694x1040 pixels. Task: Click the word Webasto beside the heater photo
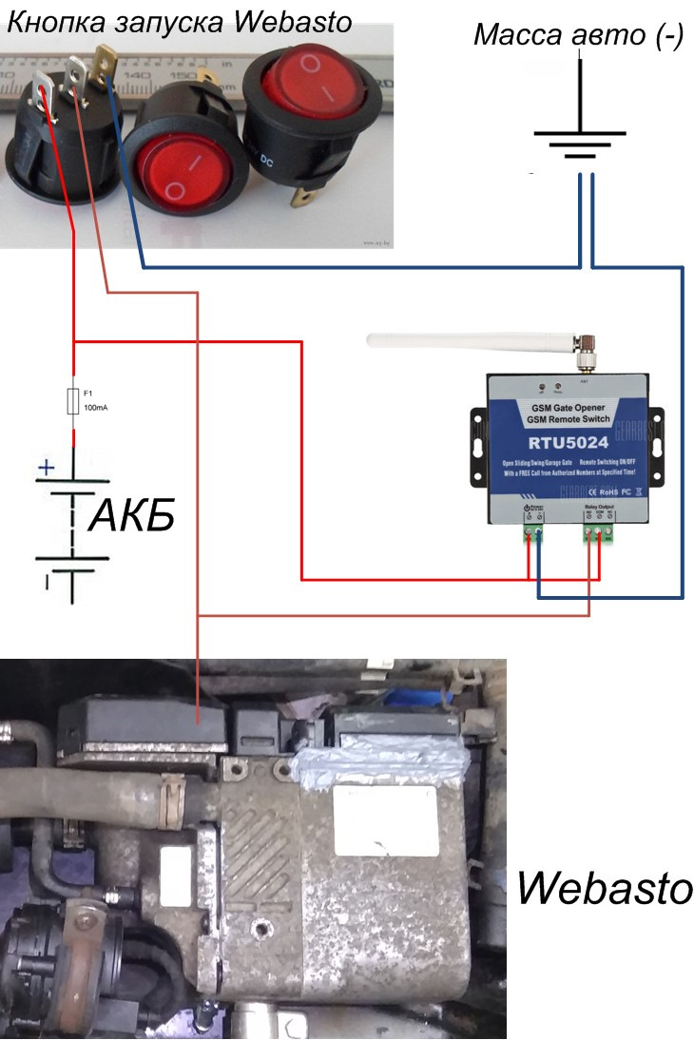point(605,890)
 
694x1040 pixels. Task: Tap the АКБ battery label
point(131,517)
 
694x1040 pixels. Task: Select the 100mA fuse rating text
point(96,408)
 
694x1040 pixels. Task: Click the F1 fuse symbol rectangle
point(73,398)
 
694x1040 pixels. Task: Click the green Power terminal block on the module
point(533,535)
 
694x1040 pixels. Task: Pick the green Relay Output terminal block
point(598,534)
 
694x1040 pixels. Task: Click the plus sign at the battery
point(45,467)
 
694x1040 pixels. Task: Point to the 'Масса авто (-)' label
point(578,36)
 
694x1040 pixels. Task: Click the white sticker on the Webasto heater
point(177,865)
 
